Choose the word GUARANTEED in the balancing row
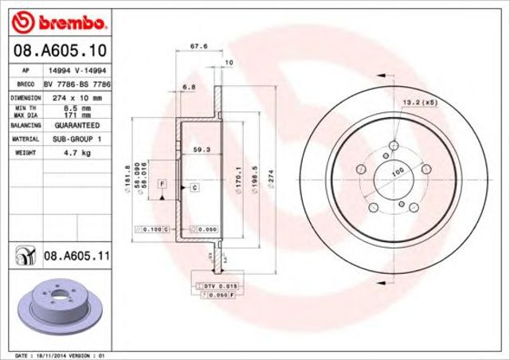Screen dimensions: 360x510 tap(76, 126)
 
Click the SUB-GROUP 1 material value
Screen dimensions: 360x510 tap(76, 138)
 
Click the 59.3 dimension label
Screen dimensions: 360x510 tap(201, 149)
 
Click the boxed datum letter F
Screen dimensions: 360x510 tap(162, 184)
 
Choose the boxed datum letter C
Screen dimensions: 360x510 tap(194, 187)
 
